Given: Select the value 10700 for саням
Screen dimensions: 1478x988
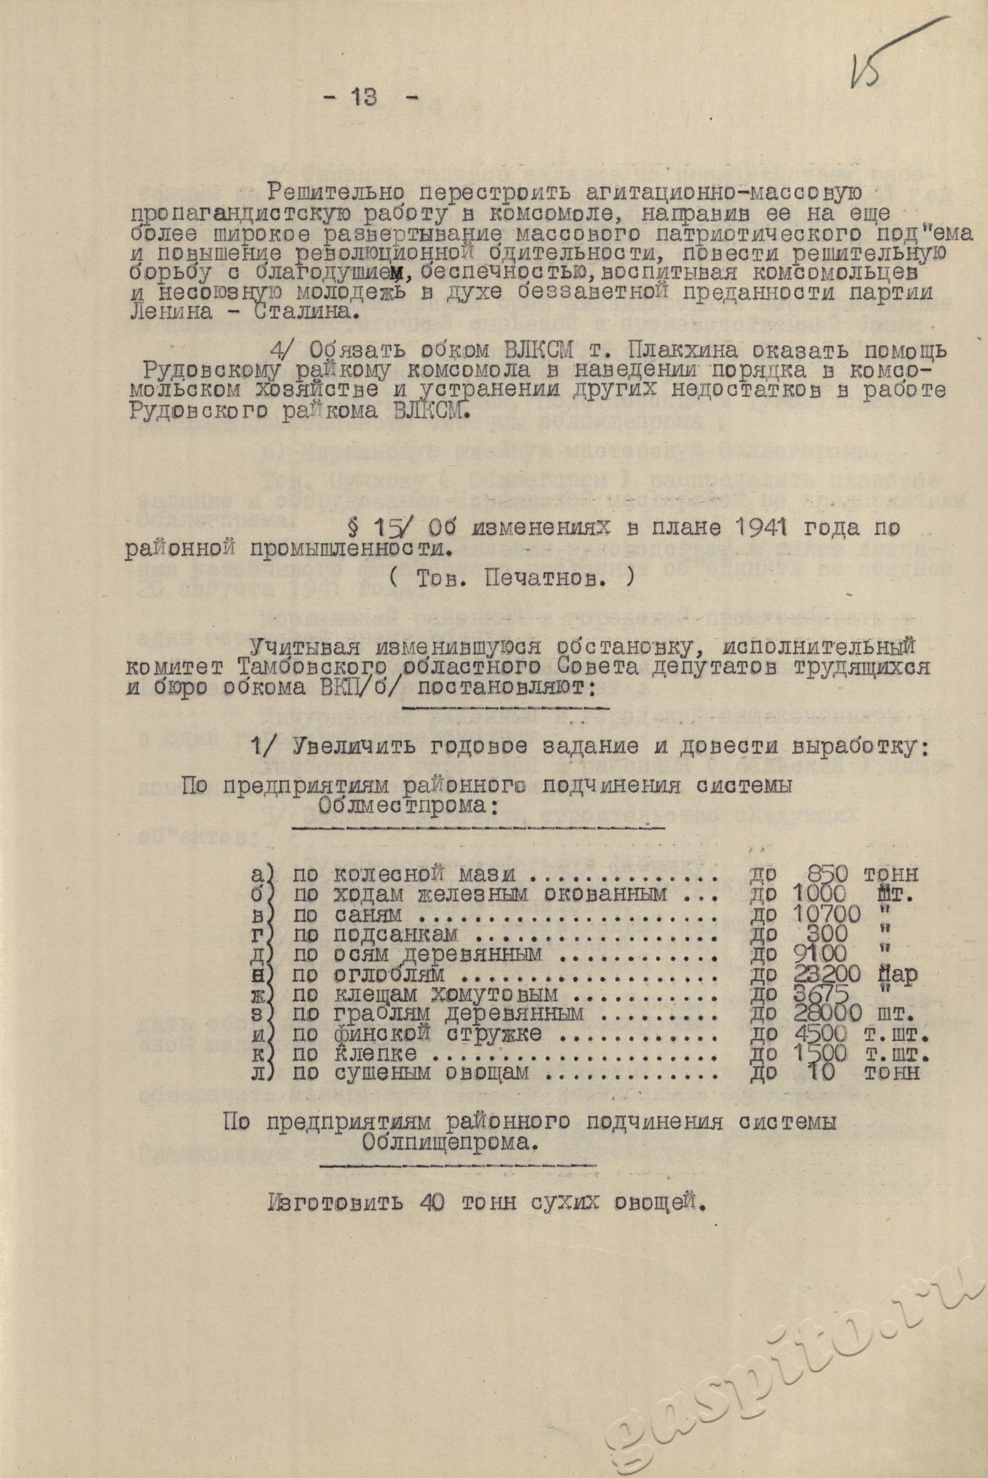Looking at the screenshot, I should click(828, 914).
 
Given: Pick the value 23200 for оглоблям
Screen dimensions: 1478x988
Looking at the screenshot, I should click(828, 974).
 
